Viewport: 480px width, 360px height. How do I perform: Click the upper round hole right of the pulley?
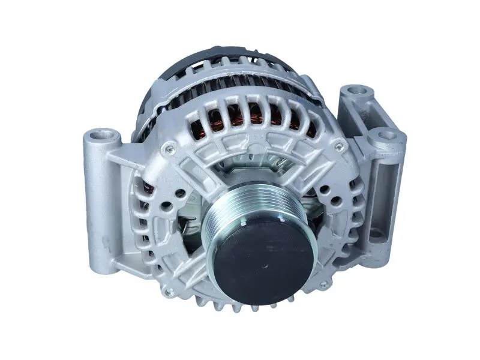pos(325,192)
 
